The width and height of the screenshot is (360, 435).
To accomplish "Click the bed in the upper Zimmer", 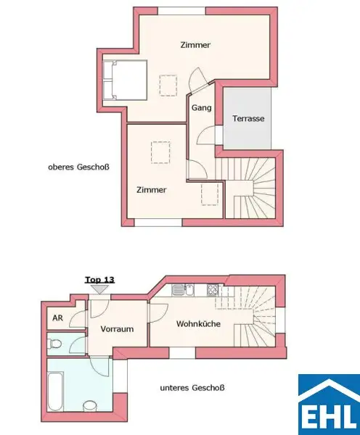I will (x=125, y=80).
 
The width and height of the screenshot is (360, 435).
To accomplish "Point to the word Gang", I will (x=201, y=107).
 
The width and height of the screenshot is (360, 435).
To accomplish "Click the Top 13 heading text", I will (x=99, y=278).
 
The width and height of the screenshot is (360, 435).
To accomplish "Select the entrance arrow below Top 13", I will (x=99, y=289).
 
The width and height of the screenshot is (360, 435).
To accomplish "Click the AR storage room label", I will (x=57, y=318).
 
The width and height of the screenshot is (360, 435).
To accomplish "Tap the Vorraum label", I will (x=118, y=328).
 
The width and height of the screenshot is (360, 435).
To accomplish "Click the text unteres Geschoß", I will (x=192, y=388).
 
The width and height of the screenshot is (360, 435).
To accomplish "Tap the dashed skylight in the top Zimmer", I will (x=168, y=86).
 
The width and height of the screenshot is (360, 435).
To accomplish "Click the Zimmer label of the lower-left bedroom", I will (x=151, y=189).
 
